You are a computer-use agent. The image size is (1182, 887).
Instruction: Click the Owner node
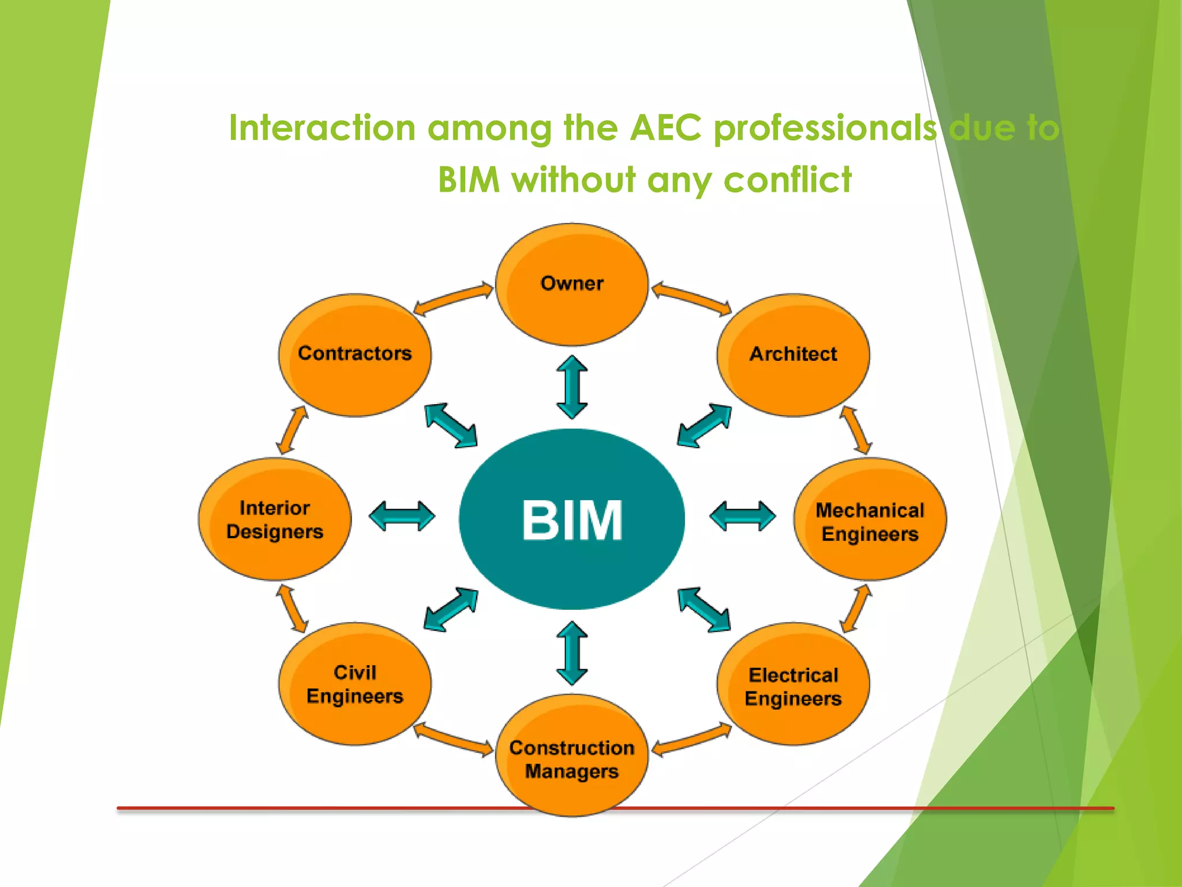tap(571, 285)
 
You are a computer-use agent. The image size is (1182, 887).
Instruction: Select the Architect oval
tap(793, 355)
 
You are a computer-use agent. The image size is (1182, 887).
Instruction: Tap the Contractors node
tap(354, 355)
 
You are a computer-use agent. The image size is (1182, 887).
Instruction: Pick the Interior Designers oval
tap(275, 519)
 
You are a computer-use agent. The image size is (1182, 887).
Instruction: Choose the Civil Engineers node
tap(354, 684)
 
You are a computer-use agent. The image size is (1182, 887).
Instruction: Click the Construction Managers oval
tap(571, 757)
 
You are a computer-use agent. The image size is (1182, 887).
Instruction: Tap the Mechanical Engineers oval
tap(870, 520)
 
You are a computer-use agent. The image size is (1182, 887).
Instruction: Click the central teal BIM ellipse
tap(571, 519)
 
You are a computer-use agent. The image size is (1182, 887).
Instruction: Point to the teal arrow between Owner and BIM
tap(572, 387)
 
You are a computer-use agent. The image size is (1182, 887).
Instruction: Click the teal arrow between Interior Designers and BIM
tap(402, 516)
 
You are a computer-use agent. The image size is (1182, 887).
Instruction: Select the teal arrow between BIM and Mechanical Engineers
tap(742, 516)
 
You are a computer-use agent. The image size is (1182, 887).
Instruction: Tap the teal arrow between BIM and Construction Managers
tap(572, 653)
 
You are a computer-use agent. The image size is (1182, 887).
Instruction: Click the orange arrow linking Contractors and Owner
tap(454, 299)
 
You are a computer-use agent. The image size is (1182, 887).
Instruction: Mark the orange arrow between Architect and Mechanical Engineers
tap(856, 430)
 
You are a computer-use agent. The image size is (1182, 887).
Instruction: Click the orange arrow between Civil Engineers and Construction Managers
tap(454, 739)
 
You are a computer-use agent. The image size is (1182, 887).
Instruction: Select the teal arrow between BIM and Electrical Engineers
tap(704, 610)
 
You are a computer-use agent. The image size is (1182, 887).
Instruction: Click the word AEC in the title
tap(665, 128)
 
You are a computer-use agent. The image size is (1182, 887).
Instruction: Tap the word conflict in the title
tap(787, 180)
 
